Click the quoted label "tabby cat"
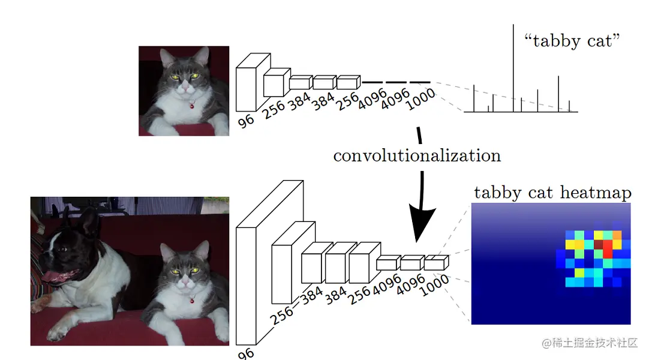point(572,41)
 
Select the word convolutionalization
point(417,156)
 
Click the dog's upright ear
point(91,222)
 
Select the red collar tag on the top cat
point(191,106)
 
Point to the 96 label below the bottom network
point(246,354)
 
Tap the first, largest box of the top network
point(247,89)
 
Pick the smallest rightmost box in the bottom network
point(435,262)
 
